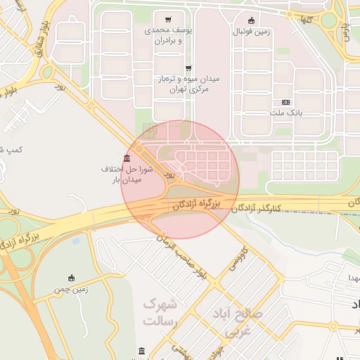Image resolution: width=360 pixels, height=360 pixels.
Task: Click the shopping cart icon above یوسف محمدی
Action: click(167, 20)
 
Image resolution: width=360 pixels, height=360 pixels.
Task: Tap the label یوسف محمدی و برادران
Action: click(167, 36)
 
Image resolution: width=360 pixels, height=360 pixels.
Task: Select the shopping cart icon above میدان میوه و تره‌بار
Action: click(188, 68)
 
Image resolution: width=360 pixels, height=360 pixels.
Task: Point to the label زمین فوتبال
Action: click(252, 32)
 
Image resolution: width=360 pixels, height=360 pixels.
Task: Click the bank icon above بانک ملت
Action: click(285, 102)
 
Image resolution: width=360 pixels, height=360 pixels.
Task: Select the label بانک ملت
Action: click(285, 112)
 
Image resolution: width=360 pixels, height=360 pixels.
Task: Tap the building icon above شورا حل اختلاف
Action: click(127, 157)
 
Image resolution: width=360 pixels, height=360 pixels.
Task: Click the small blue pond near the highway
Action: click(75, 240)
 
